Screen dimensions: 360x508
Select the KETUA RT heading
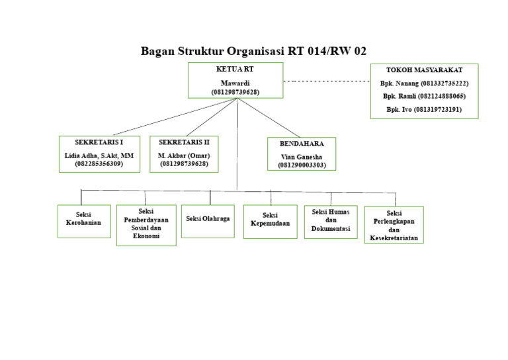pyautogui.click(x=235, y=69)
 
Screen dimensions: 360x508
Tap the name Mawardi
pyautogui.click(x=235, y=83)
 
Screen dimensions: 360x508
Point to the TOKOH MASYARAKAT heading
pyautogui.click(x=424, y=69)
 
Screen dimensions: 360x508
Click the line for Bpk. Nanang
pyautogui.click(x=424, y=83)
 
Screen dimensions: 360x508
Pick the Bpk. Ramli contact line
pyautogui.click(x=424, y=96)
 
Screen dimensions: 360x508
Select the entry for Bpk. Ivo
pyautogui.click(x=424, y=109)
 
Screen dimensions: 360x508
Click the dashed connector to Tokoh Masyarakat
pyautogui.click(x=326, y=81)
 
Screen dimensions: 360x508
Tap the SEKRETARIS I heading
pyautogui.click(x=99, y=142)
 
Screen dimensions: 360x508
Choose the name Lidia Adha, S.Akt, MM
pyautogui.click(x=99, y=155)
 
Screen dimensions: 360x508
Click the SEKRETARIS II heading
pyautogui.click(x=184, y=142)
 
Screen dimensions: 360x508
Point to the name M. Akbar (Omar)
pyautogui.click(x=184, y=155)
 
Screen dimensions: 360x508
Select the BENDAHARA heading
pyautogui.click(x=301, y=144)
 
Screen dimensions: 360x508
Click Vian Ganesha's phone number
pyautogui.click(x=301, y=165)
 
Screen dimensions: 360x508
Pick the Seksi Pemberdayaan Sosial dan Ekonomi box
pyautogui.click(x=146, y=224)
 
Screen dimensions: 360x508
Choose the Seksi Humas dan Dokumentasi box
pyautogui.click(x=331, y=220)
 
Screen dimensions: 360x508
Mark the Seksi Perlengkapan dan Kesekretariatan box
pyautogui.click(x=394, y=225)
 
